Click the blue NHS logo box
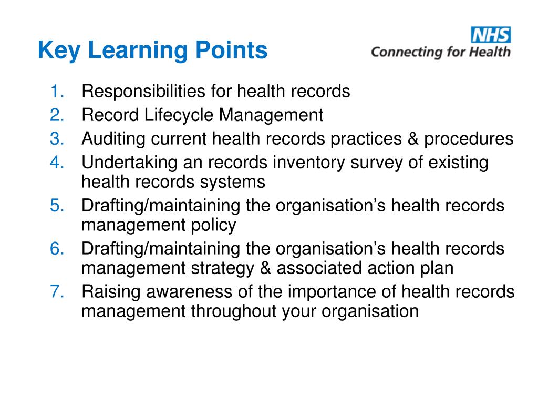pyautogui.click(x=491, y=35)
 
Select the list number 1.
pyautogui.click(x=57, y=92)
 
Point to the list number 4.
pyautogui.click(x=57, y=163)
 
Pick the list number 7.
pyautogui.click(x=57, y=291)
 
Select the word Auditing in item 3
pyautogui.click(x=114, y=138)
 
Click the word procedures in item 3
pyautogui.click(x=469, y=138)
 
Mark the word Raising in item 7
pyautogui.click(x=111, y=291)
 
